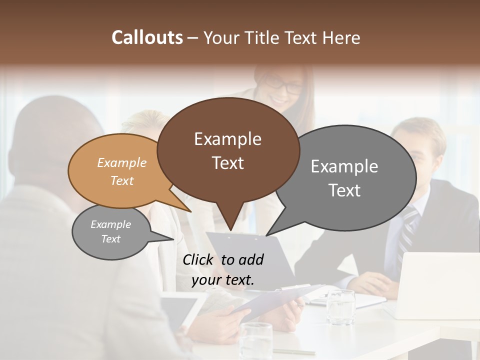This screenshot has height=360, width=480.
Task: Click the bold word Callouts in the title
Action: point(147,37)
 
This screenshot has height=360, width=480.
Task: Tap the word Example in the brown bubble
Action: point(227,139)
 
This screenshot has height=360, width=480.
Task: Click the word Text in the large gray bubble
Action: point(344,190)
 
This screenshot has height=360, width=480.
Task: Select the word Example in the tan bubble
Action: point(121,163)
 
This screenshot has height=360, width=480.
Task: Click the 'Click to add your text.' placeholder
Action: point(223,270)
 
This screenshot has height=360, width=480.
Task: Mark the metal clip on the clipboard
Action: point(228,234)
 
